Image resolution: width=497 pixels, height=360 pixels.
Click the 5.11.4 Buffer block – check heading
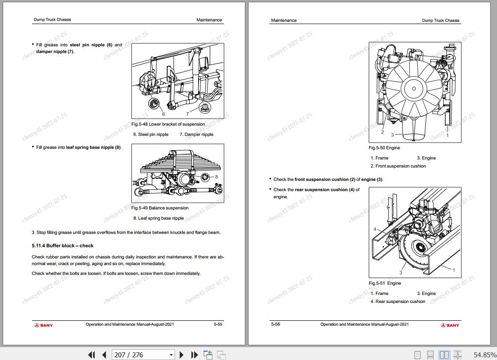[x=62, y=245]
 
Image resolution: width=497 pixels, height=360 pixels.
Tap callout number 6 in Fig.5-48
[x=163, y=114]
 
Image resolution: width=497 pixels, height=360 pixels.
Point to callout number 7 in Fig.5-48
[x=187, y=114]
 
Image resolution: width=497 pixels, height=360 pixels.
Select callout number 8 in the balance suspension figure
[x=216, y=177]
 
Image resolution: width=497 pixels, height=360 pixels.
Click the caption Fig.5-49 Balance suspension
[x=160, y=208]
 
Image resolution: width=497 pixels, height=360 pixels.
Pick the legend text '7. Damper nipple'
[x=196, y=135]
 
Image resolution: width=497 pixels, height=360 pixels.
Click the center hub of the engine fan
[x=414, y=89]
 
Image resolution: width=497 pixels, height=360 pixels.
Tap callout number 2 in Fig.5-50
[x=383, y=132]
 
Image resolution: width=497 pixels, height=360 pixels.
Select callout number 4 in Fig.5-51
[x=375, y=229]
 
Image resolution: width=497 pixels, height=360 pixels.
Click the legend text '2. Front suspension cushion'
[x=398, y=166]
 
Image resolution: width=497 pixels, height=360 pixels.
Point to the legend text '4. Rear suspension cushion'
[x=398, y=301]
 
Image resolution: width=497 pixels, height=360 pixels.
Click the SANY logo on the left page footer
[x=44, y=325]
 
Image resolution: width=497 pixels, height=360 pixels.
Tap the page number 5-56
[x=275, y=324]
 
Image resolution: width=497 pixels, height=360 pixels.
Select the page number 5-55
[x=218, y=324]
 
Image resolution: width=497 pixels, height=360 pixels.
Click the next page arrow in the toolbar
[x=182, y=355]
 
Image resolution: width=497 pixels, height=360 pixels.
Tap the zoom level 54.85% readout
[x=485, y=355]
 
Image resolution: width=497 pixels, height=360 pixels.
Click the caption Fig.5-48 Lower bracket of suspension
[x=168, y=124]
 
